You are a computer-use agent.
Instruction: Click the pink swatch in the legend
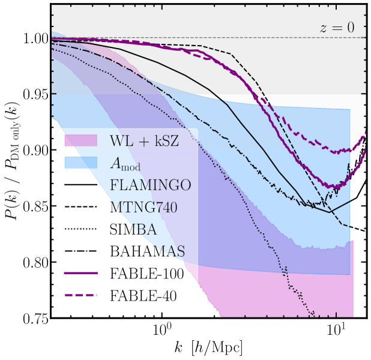80,141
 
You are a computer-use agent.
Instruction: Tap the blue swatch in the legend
80,163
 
